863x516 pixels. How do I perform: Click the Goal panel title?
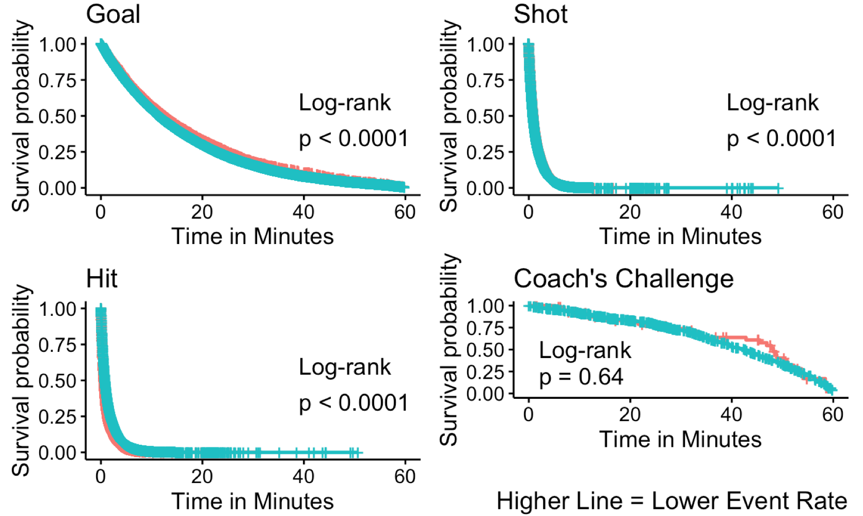pos(113,14)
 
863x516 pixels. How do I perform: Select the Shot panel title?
pos(540,14)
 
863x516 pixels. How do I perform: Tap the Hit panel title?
pos(102,279)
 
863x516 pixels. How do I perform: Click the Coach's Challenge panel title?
pos(624,279)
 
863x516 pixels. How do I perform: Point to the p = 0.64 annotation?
pos(581,377)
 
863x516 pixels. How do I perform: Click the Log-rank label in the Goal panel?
pos(345,103)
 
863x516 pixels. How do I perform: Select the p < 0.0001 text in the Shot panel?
pos(781,139)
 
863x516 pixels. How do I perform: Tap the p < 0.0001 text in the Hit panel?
pos(354,404)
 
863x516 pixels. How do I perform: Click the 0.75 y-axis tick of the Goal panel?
pos(58,81)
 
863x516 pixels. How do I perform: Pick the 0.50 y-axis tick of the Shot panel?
pos(485,117)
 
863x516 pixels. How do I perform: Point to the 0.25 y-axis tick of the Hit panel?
pos(58,417)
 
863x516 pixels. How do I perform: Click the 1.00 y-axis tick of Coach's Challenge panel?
pos(485,306)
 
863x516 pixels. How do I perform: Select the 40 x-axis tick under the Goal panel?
pos(303,212)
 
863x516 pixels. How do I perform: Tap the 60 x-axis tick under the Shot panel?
pos(833,212)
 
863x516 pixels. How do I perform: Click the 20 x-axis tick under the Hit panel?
pos(202,476)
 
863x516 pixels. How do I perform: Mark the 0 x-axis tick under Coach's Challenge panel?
pos(528,415)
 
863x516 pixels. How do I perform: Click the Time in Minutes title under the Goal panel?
pos(252,236)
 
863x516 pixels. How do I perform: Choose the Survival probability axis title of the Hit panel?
pos(21,380)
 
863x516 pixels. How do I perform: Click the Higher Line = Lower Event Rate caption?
pos(672,501)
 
